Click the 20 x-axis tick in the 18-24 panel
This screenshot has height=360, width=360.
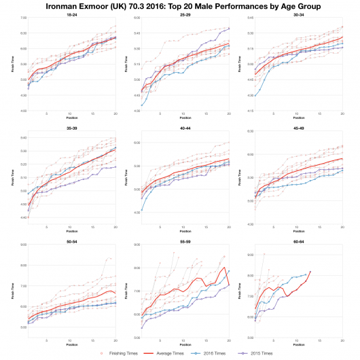coord(115,113)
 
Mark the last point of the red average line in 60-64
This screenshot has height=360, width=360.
coord(310,272)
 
